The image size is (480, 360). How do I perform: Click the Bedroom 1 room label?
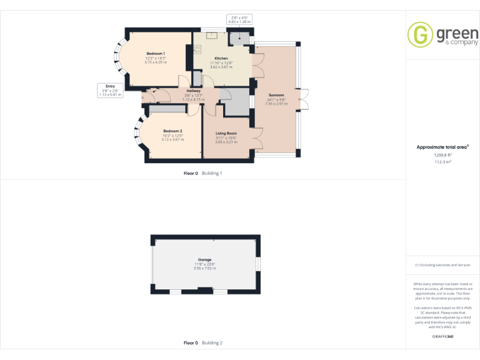pos(156,54)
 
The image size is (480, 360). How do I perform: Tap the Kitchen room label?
pos(221,58)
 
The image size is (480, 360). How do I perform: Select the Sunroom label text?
pos(276,95)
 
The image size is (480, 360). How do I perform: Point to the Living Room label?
pos(226,134)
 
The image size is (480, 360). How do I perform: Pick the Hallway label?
pos(193,91)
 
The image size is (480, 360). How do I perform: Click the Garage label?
pos(205,259)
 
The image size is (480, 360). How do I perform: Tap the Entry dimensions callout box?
pos(111,90)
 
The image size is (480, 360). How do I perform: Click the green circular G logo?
pos(420,35)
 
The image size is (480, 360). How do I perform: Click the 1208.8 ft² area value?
pos(442,154)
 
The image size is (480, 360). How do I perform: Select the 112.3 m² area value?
pos(442,161)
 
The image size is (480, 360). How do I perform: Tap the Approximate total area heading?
pos(442,147)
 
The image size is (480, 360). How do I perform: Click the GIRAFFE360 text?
pos(442,337)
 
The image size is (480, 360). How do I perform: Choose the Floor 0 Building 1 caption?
pos(202,173)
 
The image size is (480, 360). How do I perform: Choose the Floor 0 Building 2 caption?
pos(202,343)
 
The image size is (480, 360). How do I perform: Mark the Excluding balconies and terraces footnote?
pos(442,265)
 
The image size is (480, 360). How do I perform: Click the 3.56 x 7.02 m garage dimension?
pos(205,268)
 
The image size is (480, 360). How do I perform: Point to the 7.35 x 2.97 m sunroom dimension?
pos(276,104)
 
